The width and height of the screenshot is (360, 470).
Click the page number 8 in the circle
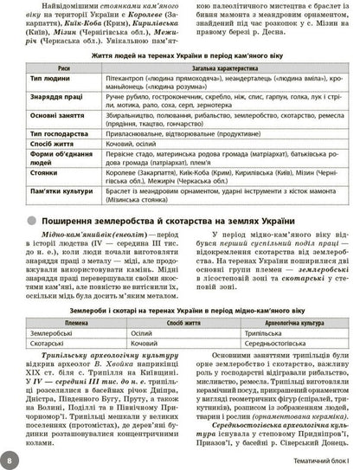pos(10,456)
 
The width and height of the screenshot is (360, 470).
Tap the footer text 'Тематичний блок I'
pos(312,457)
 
